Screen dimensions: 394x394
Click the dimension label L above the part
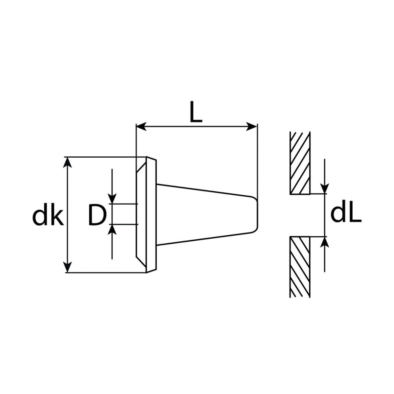click(196, 112)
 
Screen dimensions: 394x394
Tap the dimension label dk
click(48, 214)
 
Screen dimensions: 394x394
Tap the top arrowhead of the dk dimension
click(68, 163)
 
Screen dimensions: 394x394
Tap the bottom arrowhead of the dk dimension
click(68, 267)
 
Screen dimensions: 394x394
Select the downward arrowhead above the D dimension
click(112, 198)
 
